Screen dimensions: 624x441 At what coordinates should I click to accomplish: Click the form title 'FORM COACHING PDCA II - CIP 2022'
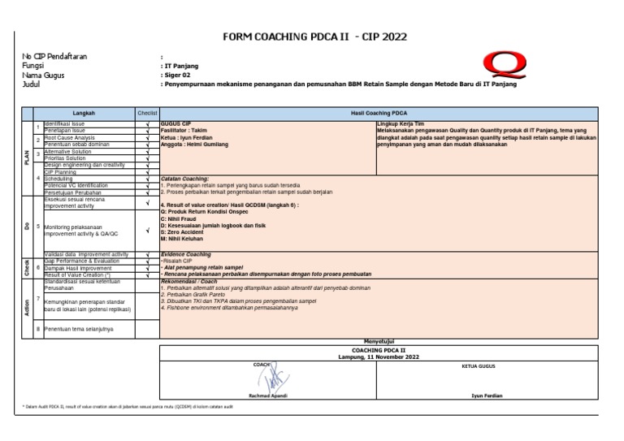click(314, 37)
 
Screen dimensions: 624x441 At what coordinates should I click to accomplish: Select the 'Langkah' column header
click(85, 113)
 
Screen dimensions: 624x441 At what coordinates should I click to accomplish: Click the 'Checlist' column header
click(147, 113)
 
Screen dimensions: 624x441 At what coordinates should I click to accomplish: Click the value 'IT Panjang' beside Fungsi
click(181, 66)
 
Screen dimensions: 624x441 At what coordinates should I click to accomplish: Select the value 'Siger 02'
click(179, 75)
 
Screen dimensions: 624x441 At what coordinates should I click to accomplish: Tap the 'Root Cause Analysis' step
click(69, 138)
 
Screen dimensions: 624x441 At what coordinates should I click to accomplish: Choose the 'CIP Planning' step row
click(62, 172)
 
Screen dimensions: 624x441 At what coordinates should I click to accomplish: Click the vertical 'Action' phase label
click(27, 307)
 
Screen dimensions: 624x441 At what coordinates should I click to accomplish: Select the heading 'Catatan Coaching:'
click(185, 178)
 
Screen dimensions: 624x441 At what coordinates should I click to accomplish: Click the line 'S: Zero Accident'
click(183, 232)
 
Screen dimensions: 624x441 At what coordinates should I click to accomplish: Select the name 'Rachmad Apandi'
click(267, 396)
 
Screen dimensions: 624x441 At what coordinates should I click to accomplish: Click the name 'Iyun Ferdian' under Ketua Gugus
click(485, 396)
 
